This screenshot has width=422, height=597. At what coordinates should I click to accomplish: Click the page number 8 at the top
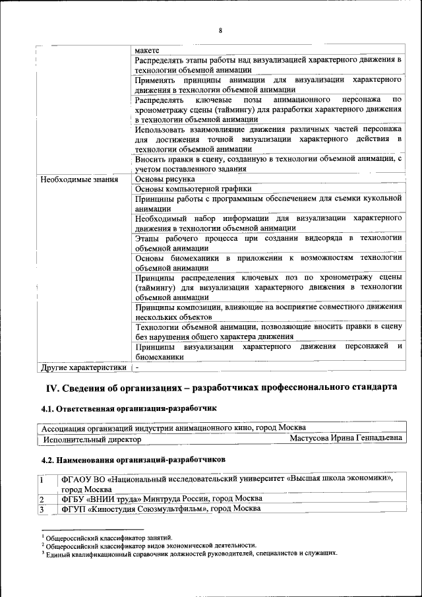tap(220, 30)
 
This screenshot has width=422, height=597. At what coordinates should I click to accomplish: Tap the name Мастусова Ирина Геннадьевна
tap(346, 438)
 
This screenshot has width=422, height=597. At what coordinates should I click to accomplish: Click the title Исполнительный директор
tap(92, 439)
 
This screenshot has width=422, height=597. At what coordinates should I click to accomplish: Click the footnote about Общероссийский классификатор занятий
tap(109, 538)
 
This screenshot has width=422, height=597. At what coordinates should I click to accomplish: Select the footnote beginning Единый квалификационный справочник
tap(192, 553)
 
